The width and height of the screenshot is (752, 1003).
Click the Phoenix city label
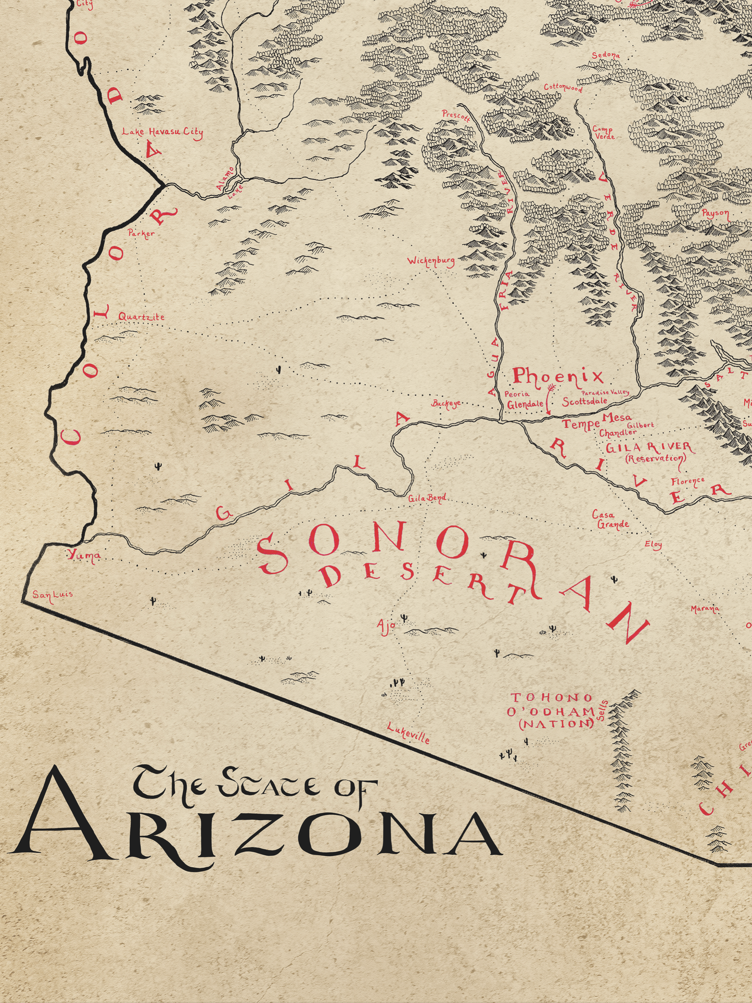[557, 376]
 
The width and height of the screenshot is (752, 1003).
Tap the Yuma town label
[84, 556]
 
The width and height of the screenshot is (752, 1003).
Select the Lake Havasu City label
[162, 132]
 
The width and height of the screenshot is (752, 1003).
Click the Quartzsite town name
[141, 316]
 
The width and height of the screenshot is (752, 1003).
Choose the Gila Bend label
[427, 498]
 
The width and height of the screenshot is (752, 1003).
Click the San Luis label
[53, 594]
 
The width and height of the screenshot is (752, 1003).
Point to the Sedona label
[606, 55]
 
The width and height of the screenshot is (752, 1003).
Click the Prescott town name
[456, 115]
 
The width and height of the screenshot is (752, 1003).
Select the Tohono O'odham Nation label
[552, 711]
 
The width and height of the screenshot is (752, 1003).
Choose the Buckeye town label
[447, 404]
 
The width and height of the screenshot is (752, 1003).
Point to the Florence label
[687, 482]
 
